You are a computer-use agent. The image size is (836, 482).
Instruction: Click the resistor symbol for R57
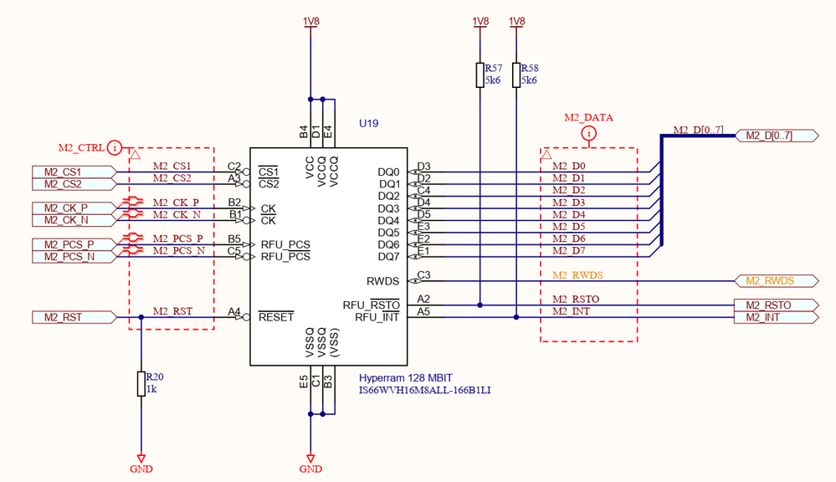(x=480, y=74)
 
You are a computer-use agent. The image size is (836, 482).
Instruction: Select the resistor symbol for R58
(x=516, y=74)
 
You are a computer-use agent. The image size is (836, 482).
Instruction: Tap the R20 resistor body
(x=141, y=384)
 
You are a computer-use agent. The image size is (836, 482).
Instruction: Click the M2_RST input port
(x=74, y=318)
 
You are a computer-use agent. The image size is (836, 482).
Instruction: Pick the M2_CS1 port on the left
(x=74, y=172)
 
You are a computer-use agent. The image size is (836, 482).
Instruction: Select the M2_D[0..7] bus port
(x=777, y=136)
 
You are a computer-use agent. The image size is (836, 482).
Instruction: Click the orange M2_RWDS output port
(x=777, y=281)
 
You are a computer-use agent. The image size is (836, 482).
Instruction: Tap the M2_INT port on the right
(x=777, y=318)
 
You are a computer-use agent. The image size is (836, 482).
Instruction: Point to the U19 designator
(x=368, y=124)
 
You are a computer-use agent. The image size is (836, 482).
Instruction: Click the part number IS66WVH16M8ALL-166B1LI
(x=424, y=390)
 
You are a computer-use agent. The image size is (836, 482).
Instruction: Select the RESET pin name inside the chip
(x=276, y=317)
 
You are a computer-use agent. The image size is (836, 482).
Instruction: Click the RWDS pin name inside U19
(x=382, y=281)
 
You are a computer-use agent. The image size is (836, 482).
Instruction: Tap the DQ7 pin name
(x=388, y=256)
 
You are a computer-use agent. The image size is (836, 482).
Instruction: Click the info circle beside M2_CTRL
(x=114, y=147)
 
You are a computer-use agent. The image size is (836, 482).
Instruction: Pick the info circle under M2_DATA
(x=588, y=133)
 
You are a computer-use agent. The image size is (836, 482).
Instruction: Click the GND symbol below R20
(x=141, y=464)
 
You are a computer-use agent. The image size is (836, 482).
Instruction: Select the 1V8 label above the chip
(x=310, y=21)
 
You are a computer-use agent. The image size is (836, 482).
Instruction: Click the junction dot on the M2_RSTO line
(x=480, y=305)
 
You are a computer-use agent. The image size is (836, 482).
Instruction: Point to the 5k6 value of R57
(x=493, y=80)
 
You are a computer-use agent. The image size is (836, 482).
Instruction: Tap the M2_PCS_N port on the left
(x=74, y=257)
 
